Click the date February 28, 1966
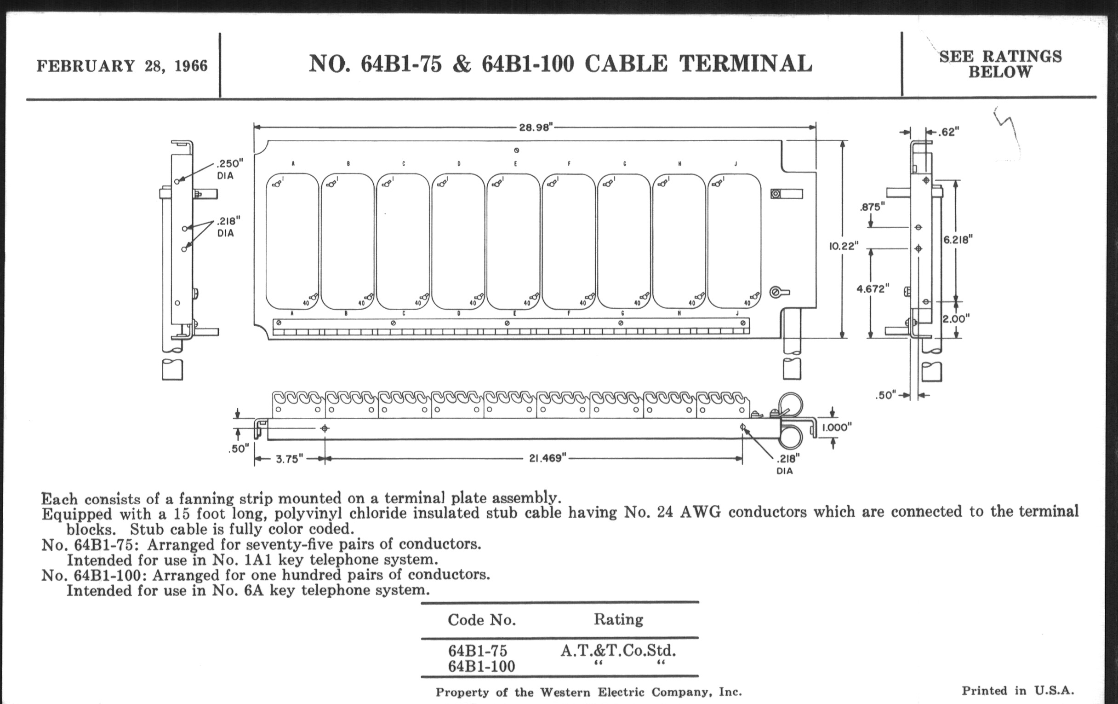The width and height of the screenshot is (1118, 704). point(122,66)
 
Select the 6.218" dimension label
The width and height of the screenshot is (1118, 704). point(958,240)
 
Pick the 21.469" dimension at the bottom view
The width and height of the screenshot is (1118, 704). point(548,458)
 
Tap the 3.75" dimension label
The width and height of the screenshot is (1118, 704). point(289,459)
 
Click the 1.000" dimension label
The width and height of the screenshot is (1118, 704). point(837,427)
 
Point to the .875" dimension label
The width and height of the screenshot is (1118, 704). point(872,207)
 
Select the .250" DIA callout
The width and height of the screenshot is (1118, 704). point(229,169)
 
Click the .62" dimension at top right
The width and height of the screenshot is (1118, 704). point(949,132)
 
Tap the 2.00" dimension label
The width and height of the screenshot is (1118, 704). point(957,319)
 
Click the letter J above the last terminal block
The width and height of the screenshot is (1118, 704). point(736,163)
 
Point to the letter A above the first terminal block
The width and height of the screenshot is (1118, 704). point(293,163)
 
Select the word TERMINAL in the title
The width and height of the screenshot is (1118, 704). point(746,63)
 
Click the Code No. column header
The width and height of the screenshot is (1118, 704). point(482,619)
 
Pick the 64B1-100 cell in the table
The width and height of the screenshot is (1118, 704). point(481,666)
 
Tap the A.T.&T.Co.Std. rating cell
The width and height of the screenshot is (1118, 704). point(618,650)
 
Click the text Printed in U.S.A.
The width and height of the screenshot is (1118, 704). point(1018,691)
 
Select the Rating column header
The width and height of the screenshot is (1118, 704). point(618,619)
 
